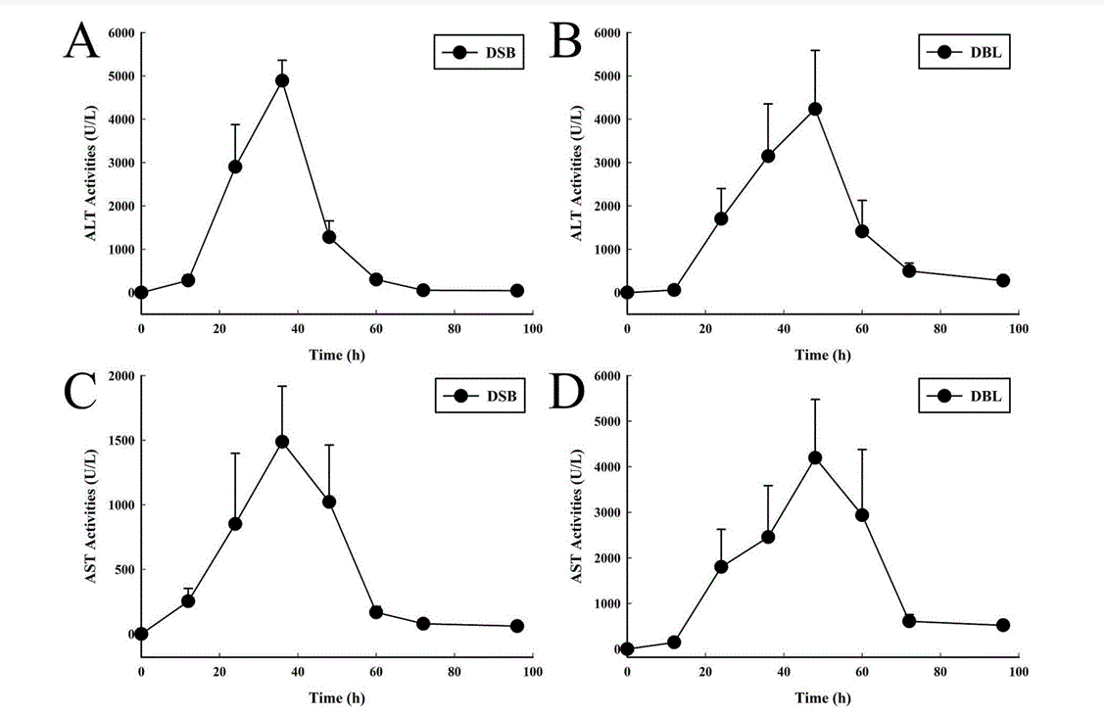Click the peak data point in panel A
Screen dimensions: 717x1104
tap(282, 80)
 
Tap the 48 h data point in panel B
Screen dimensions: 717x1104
tap(815, 109)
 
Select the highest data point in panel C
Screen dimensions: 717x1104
tap(282, 442)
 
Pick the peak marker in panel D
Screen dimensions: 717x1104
tap(815, 457)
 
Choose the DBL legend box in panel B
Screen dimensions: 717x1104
tap(965, 52)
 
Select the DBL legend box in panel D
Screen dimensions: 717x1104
tap(965, 397)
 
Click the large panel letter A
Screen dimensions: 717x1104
tap(82, 42)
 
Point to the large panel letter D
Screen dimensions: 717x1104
tap(568, 389)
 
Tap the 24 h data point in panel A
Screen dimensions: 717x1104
tap(235, 167)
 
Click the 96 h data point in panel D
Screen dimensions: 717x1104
tap(1003, 625)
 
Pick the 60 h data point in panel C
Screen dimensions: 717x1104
tap(376, 612)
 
